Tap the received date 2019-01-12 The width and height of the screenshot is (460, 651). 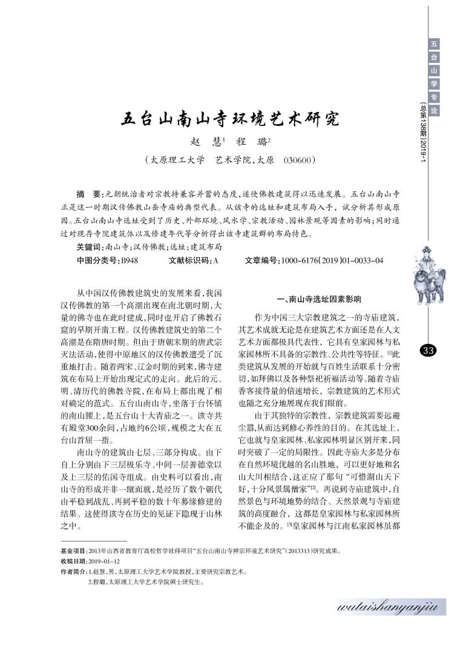(x=107, y=561)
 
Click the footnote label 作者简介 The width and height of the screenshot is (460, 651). (x=74, y=570)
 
